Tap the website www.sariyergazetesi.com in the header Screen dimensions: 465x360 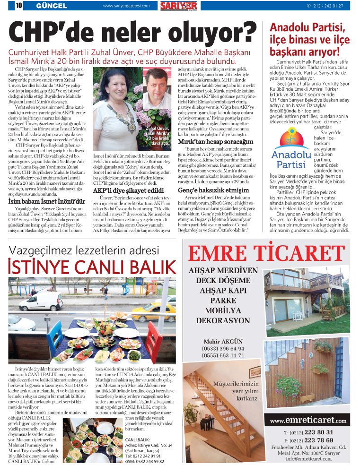tap(126, 6)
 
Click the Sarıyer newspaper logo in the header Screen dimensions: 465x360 tap(178, 6)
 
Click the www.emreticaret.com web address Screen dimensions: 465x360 tap(308, 420)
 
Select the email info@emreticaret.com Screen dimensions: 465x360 tap(308, 458)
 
